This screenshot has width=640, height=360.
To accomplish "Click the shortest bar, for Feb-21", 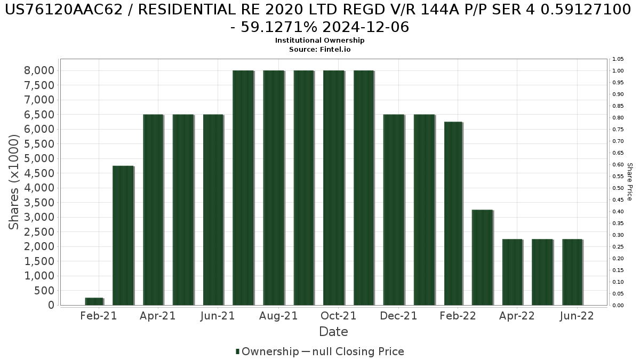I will coord(94,301).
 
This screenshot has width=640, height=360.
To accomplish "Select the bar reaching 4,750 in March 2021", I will coord(123,235).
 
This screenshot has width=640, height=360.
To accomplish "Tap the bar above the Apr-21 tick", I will coord(153,210).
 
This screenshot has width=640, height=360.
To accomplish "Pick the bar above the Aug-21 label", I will coord(274,188).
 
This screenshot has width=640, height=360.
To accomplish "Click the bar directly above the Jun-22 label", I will coord(572,272).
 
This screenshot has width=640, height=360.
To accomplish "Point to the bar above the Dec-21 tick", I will coord(394,210).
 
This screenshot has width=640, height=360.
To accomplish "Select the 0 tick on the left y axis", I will coord(51,305).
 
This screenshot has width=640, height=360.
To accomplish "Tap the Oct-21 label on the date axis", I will coord(339,316).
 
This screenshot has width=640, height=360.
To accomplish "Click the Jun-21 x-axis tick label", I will coord(218,316).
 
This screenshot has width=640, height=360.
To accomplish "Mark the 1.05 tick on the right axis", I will coord(618,59).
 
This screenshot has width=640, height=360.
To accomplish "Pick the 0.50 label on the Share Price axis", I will coord(618,188).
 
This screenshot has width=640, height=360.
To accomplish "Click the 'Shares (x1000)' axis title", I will coord(14,182).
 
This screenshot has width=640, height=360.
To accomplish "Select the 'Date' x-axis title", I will coord(333,332).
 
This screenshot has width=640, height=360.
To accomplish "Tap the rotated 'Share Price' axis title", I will coord(629,182).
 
